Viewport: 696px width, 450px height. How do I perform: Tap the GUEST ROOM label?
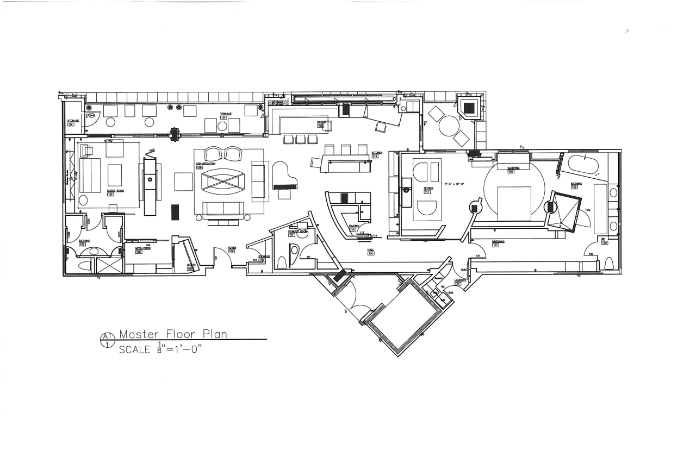[x=114, y=191]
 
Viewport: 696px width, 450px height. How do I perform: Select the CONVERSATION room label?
[x=206, y=163]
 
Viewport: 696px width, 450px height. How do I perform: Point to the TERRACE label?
[x=226, y=114]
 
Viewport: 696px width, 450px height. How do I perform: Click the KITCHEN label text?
[x=377, y=153]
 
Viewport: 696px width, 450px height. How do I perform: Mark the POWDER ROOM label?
[x=297, y=231]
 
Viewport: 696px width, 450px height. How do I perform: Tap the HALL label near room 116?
[x=371, y=250]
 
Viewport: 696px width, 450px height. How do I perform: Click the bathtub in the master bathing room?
[x=585, y=164]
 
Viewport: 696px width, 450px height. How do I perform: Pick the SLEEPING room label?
[x=513, y=168]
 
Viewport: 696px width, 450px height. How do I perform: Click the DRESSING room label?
[x=499, y=241]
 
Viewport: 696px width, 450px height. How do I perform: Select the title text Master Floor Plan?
[x=173, y=334]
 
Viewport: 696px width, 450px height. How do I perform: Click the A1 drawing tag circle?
[x=106, y=340]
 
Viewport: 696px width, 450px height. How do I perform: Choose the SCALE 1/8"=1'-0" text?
[x=160, y=349]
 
